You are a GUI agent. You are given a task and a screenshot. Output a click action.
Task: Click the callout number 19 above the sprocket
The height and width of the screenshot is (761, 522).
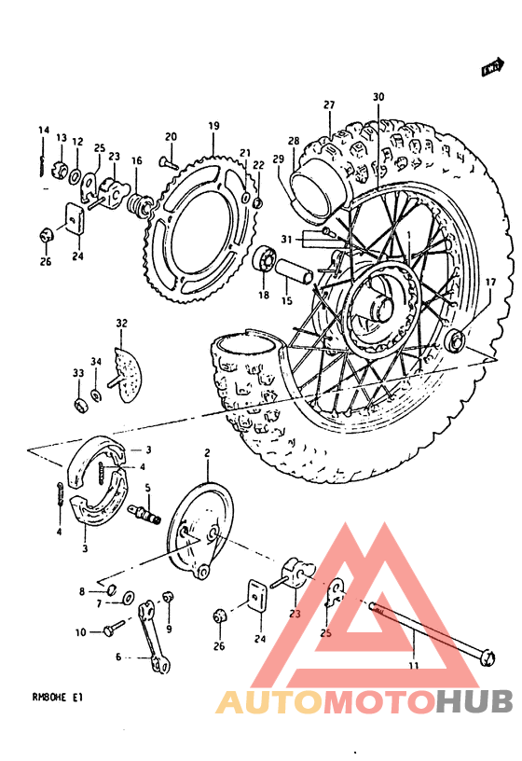pyautogui.click(x=213, y=126)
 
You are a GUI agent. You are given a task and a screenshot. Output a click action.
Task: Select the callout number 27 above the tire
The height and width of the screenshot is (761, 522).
pyautogui.click(x=329, y=104)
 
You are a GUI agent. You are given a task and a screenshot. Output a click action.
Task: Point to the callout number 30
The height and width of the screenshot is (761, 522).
pyautogui.click(x=378, y=97)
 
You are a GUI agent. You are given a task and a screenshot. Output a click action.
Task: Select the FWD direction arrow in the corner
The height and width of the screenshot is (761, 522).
pyautogui.click(x=493, y=67)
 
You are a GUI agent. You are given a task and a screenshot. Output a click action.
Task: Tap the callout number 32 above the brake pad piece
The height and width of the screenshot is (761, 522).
pyautogui.click(x=121, y=324)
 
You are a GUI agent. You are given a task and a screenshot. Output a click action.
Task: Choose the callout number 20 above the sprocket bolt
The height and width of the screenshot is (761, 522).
pyautogui.click(x=171, y=137)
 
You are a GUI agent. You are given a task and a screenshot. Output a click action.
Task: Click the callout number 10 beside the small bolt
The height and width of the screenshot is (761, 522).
pyautogui.click(x=81, y=632)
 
